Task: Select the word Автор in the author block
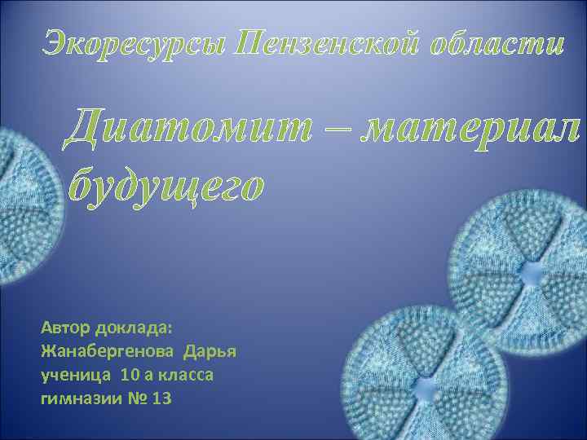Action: click(x=65, y=328)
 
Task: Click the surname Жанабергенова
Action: click(x=108, y=352)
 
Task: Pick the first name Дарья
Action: click(x=210, y=352)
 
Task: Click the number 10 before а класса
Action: click(x=130, y=376)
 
